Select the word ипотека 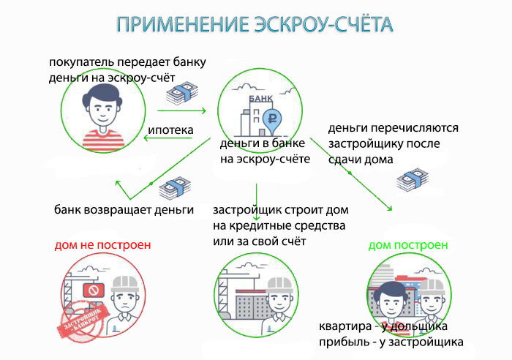tap(170, 131)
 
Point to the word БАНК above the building tap(260, 97)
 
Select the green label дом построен tap(408, 244)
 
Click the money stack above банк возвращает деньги tap(173, 188)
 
